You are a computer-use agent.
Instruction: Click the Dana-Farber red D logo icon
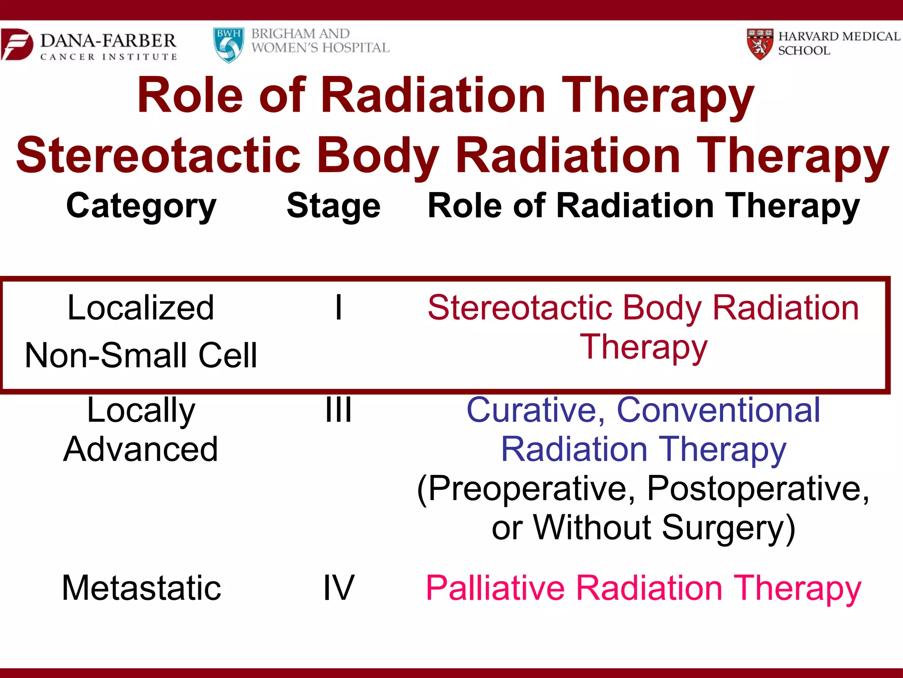click(17, 44)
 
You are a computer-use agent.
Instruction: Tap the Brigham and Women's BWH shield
click(228, 45)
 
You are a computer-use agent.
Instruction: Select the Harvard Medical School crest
click(760, 44)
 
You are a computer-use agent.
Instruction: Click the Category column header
click(141, 207)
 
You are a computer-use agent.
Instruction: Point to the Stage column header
click(333, 207)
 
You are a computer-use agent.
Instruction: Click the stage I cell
click(338, 307)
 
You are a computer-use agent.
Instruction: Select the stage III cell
click(338, 410)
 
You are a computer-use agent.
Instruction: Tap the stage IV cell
click(338, 588)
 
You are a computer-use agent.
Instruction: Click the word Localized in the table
click(141, 307)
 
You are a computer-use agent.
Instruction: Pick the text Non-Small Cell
click(141, 355)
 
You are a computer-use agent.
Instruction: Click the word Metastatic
click(141, 588)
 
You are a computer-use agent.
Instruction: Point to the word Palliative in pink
click(495, 588)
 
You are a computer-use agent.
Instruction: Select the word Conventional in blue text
click(718, 410)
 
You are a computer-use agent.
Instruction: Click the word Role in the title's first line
click(190, 95)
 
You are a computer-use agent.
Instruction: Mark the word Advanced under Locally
click(141, 449)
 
